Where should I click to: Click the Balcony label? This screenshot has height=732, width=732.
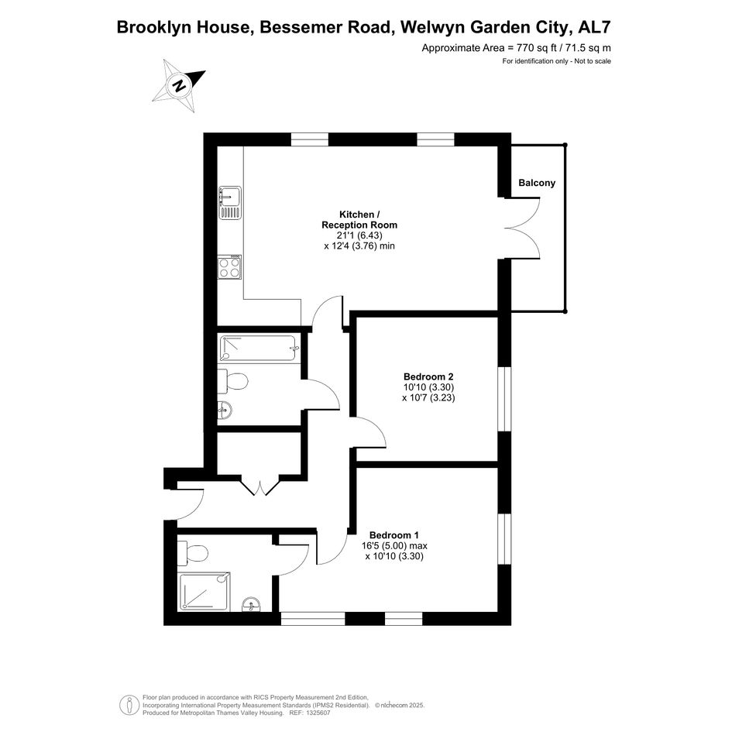[x=537, y=183]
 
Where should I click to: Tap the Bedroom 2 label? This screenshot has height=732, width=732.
[x=428, y=376]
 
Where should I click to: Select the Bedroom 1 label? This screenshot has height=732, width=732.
[x=394, y=535]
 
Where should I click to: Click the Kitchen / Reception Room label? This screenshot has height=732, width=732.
[x=359, y=219]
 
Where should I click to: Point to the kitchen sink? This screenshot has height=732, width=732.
[x=230, y=203]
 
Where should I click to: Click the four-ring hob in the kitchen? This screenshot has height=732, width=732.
[x=230, y=266]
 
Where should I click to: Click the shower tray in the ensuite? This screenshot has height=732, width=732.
[x=204, y=592]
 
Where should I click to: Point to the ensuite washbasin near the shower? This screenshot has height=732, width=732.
[x=252, y=604]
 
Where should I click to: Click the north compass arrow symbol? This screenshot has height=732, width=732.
[x=179, y=86]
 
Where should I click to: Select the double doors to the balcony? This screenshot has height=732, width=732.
[x=523, y=229]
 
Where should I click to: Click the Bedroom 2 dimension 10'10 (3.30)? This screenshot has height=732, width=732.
[x=428, y=387]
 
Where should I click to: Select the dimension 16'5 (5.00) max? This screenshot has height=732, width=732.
[x=394, y=546]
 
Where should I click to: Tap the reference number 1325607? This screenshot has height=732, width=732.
[x=317, y=713]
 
